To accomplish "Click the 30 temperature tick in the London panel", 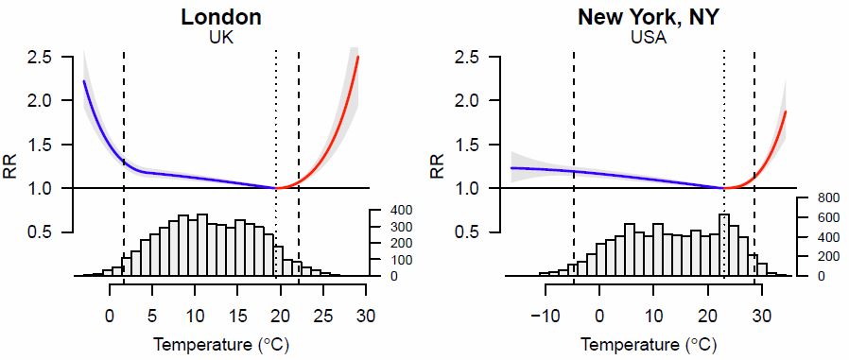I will (366, 316).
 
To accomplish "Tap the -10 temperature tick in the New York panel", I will (545, 316).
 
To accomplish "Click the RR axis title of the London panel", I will (12, 165).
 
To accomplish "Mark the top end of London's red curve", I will (358, 58).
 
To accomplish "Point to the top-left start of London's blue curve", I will (84, 82).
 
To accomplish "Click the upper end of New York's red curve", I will (786, 112).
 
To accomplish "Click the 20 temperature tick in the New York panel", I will (707, 316).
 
